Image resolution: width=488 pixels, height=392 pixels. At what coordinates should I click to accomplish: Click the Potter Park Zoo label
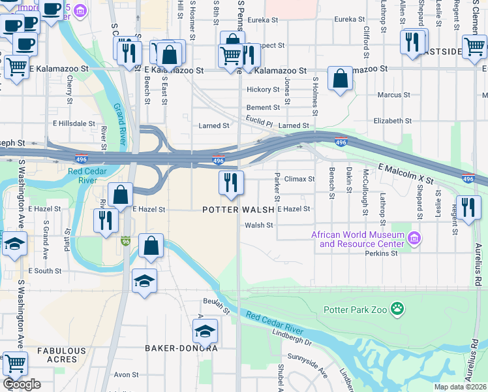pyautogui.click(x=355, y=308)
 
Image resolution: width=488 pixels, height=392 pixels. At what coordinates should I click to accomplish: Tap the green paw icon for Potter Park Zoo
pyautogui.click(x=397, y=308)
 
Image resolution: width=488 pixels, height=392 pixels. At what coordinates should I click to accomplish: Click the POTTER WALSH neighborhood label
pyautogui.click(x=238, y=210)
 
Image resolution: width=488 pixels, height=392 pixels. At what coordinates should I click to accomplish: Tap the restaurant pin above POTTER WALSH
pyautogui.click(x=230, y=183)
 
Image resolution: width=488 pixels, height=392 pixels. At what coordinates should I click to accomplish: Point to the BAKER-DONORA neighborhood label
pyautogui.click(x=181, y=348)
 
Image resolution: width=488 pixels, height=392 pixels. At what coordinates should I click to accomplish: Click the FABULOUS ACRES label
pyautogui.click(x=61, y=355)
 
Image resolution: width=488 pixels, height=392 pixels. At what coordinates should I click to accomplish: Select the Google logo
pyautogui.click(x=22, y=384)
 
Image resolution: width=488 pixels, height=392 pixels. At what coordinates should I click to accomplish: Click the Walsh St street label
pyautogui.click(x=258, y=225)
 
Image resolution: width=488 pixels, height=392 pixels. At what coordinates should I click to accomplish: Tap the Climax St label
pyautogui.click(x=299, y=178)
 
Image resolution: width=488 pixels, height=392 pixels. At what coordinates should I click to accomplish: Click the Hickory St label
pyautogui.click(x=263, y=90)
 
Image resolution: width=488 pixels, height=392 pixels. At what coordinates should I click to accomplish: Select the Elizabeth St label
pyautogui.click(x=392, y=121)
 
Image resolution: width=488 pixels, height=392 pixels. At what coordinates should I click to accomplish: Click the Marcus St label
pyautogui.click(x=393, y=95)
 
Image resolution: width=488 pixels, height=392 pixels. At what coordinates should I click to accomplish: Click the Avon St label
pyautogui.click(x=126, y=375)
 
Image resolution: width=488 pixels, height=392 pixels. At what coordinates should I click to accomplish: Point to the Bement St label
pyautogui.click(x=263, y=108)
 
